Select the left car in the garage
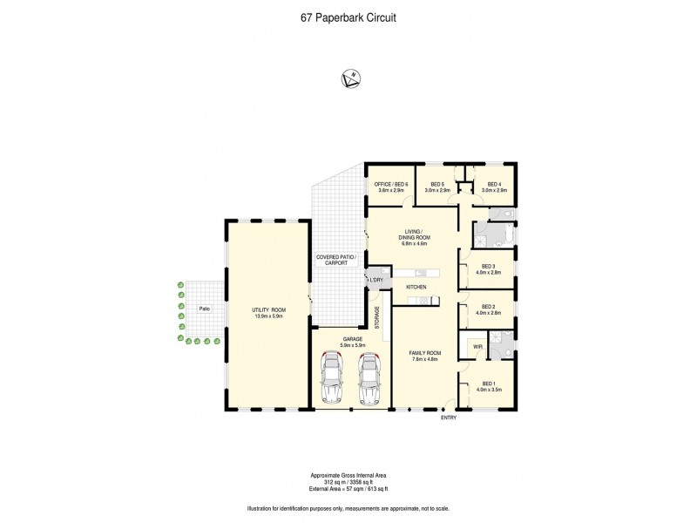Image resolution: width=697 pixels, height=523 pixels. tap(332, 378)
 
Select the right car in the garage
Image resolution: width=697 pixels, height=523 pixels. tap(370, 378)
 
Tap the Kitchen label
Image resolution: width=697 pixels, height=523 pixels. tap(416, 287)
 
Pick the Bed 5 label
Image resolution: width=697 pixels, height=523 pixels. tap(436, 187)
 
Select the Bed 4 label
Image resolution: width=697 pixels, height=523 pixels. tap(494, 187)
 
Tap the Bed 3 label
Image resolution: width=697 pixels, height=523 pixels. tap(488, 269)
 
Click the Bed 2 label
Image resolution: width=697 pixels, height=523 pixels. tap(488, 309)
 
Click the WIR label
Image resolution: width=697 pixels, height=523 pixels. tap(477, 347)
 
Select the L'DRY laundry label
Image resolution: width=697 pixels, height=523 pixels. tap(376, 280)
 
